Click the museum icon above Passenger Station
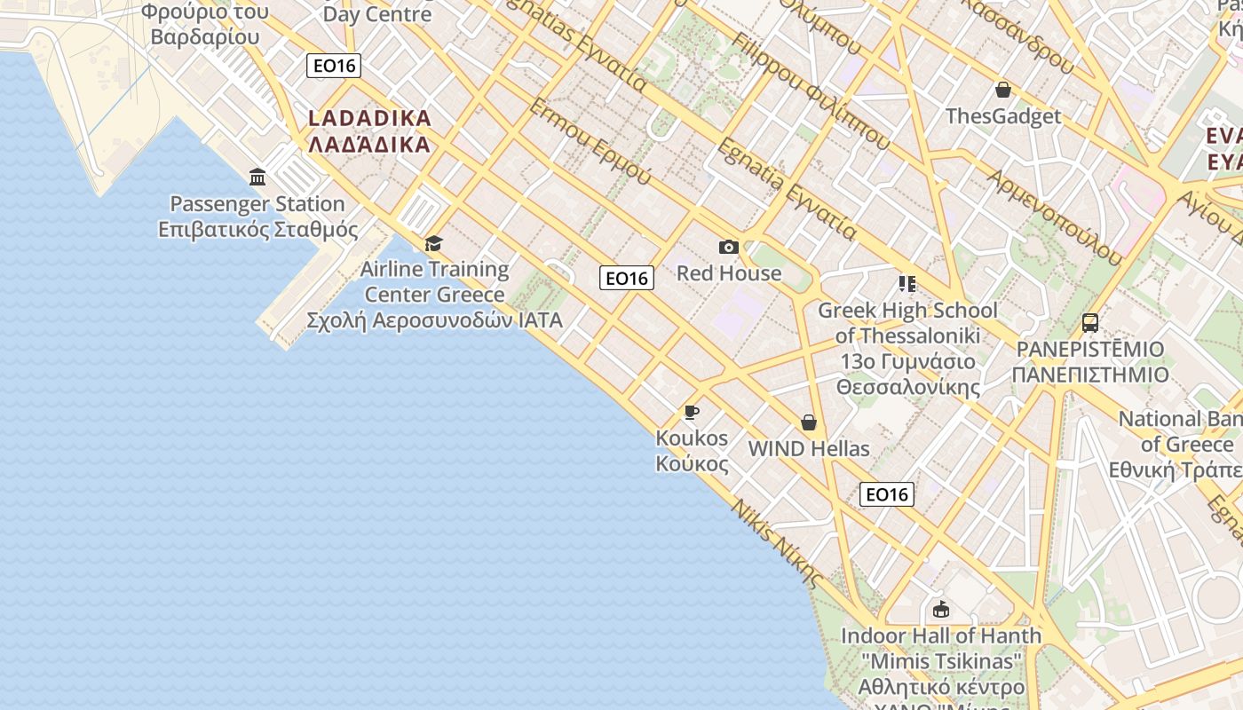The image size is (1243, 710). tap(257, 177)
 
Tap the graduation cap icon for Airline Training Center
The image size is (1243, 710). tap(433, 243)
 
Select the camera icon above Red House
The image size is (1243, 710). tap(729, 247)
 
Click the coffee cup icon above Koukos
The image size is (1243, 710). tap(691, 412)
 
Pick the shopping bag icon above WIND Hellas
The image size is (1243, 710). tap(809, 422)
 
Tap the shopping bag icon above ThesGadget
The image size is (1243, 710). tap(1003, 90)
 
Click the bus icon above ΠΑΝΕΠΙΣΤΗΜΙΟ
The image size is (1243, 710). tap(1090, 323)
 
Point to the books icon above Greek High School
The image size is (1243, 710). tap(907, 284)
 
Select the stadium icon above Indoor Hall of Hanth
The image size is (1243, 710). tap(941, 610)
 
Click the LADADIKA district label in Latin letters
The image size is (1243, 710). tap(369, 118)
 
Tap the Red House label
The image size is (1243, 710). tap(729, 273)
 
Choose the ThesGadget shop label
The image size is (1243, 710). tap(1003, 116)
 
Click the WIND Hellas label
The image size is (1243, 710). tap(809, 449)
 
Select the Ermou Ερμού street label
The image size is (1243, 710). tap(590, 141)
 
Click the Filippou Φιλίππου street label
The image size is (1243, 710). tap(812, 91)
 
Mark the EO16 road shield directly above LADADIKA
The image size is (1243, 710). tap(334, 66)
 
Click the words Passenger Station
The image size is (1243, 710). tap(257, 204)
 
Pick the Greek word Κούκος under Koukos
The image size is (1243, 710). tap(692, 463)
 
